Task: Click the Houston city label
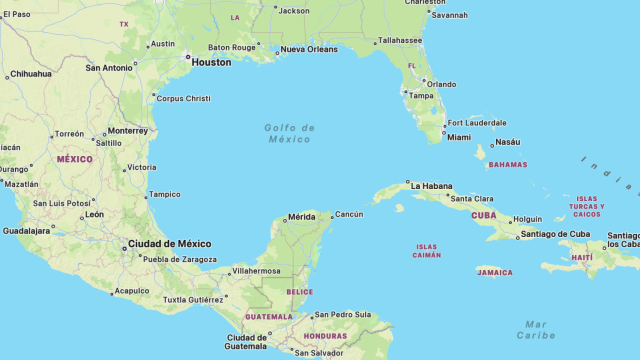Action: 210,62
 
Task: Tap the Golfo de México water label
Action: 290,133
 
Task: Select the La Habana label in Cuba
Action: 431,186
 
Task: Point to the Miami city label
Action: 459,137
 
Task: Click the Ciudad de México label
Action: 169,243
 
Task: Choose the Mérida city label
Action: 301,216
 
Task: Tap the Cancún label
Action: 349,214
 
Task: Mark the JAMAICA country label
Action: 494,272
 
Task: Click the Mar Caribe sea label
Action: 537,329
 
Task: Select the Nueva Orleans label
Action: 309,49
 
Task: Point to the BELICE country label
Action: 299,292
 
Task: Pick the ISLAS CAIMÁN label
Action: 427,251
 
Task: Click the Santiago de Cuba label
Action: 554,234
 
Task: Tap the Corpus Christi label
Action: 184,98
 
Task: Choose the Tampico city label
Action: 164,194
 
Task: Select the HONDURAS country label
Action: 325,336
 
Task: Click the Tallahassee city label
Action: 400,41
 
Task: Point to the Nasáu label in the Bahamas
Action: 507,142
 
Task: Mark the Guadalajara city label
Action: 28,230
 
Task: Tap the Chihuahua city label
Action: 30,74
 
